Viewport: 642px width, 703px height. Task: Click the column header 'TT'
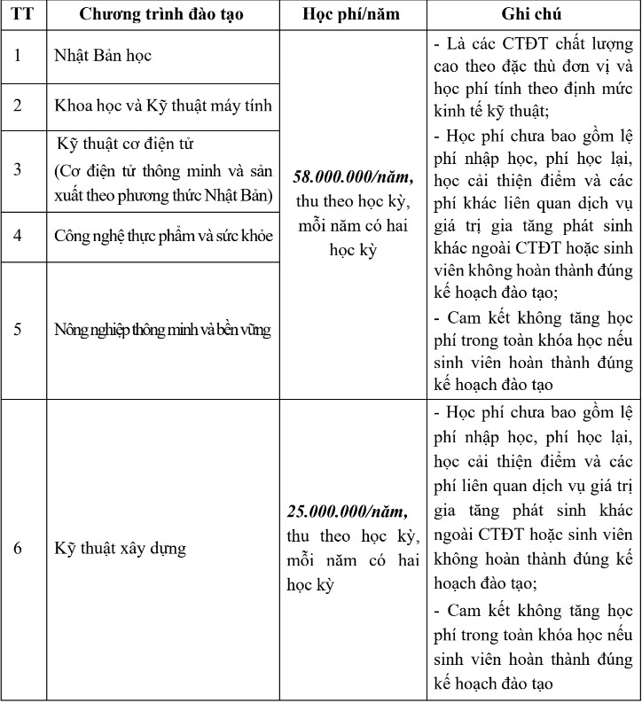point(18,16)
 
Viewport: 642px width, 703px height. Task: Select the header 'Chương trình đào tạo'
point(162,16)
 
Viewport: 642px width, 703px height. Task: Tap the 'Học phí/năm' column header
point(351,16)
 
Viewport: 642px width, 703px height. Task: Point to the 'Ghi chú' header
point(531,16)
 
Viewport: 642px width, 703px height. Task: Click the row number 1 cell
point(18,56)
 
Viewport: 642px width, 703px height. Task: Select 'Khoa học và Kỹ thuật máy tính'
point(162,105)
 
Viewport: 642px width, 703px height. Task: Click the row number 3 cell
point(18,169)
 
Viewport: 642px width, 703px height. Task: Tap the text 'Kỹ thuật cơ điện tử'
point(125,144)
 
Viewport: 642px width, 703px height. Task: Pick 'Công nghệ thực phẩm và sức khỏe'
point(162,237)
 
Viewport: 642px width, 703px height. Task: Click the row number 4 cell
point(18,237)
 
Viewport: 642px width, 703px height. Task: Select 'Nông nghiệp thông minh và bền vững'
point(162,330)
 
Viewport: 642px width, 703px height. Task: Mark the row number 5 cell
point(18,330)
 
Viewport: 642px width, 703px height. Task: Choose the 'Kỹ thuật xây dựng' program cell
point(121,548)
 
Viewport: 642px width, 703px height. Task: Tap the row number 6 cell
point(18,548)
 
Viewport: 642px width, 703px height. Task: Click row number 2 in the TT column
point(18,105)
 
